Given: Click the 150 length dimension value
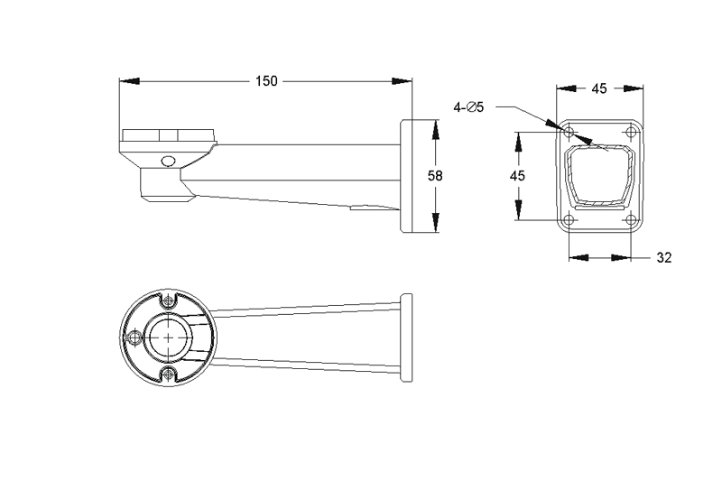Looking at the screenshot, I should coord(266,81).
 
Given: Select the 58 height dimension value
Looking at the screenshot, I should coord(435,176).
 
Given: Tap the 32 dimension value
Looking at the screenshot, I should coord(663,257).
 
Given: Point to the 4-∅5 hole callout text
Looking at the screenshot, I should coord(469,107).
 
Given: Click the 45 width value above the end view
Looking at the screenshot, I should coord(598,88).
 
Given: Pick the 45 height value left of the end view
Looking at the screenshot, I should coord(517,176).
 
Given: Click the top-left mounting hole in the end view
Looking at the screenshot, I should coord(569,133).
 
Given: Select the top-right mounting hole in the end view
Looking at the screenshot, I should coord(629,133).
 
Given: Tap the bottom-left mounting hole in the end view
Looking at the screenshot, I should coord(569,219).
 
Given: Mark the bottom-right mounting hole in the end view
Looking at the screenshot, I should coord(629,219).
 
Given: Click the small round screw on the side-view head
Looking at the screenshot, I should coord(167,162).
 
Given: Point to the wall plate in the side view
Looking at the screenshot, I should coord(406,176).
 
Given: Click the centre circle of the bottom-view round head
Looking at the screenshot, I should coord(168,338).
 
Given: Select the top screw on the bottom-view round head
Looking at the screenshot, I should coord(168,301).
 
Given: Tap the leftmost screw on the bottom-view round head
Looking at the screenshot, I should coord(134,338).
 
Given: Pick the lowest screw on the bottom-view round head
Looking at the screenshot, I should coord(168,375).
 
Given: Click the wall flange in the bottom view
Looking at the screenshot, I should coord(406,338).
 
